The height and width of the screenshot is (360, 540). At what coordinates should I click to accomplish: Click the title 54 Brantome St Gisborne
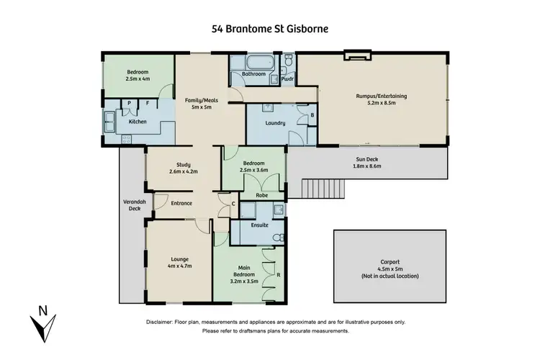(x=270, y=30)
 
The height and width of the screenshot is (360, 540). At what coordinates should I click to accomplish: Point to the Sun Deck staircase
(x=324, y=189)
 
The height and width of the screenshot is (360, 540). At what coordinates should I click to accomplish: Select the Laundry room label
(x=275, y=123)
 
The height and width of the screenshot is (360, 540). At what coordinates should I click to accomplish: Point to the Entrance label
(x=181, y=203)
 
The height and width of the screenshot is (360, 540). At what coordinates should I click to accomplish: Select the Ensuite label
(x=260, y=225)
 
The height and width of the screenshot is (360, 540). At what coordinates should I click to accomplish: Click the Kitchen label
(x=138, y=122)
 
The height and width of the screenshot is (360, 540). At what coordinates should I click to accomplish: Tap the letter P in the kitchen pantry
(x=129, y=103)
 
